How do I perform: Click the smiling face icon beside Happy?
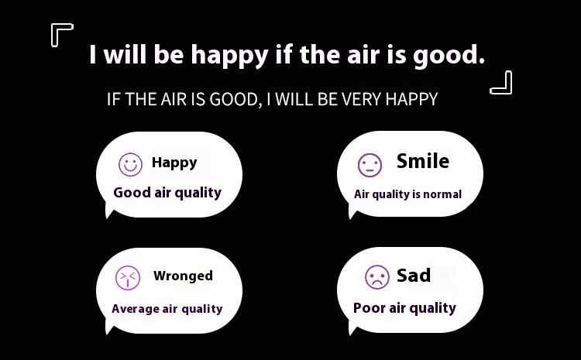[x=130, y=164]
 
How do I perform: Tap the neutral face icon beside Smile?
[x=370, y=165]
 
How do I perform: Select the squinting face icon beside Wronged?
[x=128, y=278]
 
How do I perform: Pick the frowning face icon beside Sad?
[x=377, y=277]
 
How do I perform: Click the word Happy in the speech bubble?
[x=174, y=163]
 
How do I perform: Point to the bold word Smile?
[x=423, y=161]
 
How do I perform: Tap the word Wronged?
[x=183, y=276]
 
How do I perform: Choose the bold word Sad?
[x=414, y=275]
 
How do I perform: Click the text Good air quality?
[x=167, y=193]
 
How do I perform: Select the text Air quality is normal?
[x=407, y=194]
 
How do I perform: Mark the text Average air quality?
[x=167, y=309]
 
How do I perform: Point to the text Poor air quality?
[x=404, y=308]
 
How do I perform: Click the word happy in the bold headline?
[x=229, y=56]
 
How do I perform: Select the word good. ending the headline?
[x=449, y=56]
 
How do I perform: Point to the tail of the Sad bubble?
[x=352, y=328]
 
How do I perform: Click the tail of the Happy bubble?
[x=109, y=212]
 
